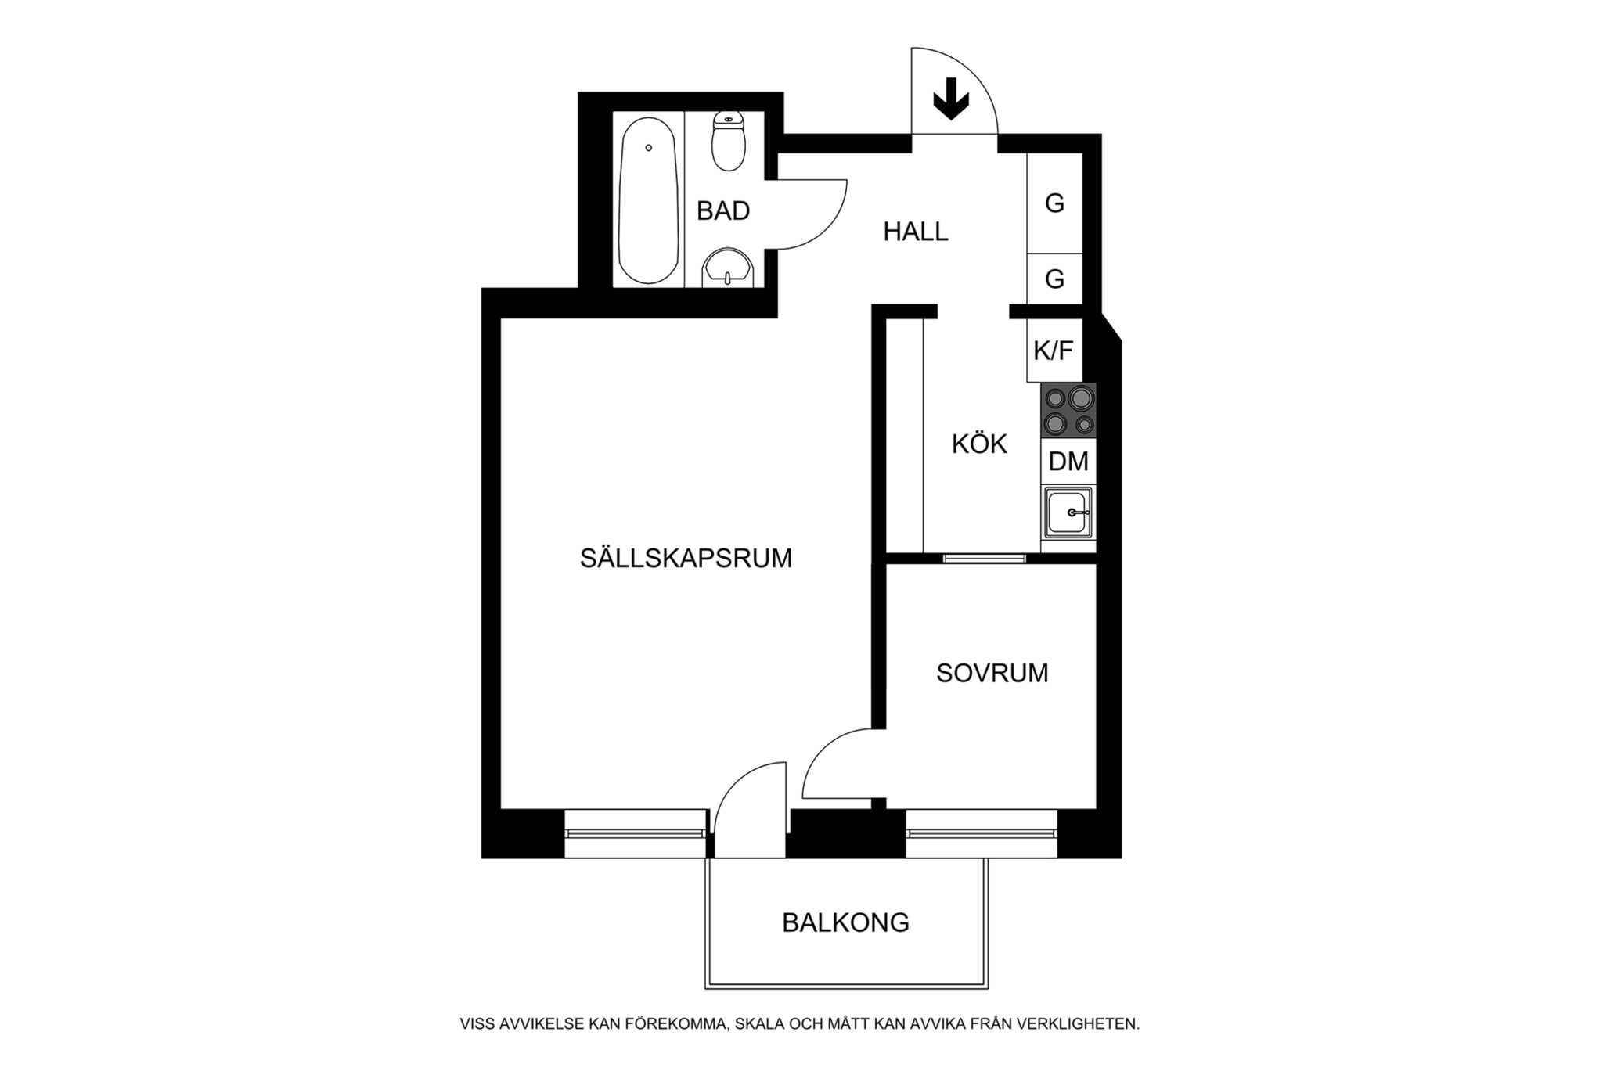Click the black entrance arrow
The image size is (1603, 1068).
pos(951,99)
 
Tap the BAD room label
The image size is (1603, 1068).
pos(723,210)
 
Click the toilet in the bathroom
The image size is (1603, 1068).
pos(729,141)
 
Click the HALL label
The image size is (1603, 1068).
pos(916,232)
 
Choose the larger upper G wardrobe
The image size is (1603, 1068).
pos(1054,203)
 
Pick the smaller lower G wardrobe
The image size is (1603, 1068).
pos(1054,279)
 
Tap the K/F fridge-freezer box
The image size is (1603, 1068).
pos(1054,351)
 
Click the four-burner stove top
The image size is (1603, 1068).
pos(1068,411)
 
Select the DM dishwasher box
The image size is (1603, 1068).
pos(1068,462)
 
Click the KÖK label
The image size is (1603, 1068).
pos(979,444)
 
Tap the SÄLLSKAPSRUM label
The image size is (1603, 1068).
pos(686,558)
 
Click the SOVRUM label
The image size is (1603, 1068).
pos(992,673)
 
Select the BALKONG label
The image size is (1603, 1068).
pos(845,922)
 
